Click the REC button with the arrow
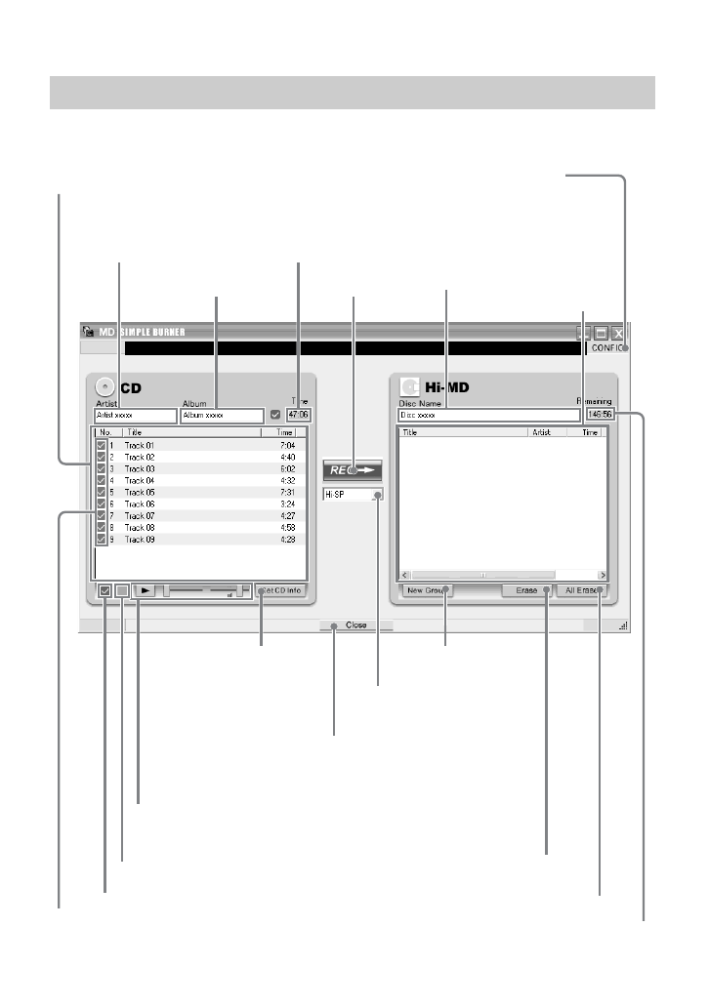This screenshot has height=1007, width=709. click(352, 469)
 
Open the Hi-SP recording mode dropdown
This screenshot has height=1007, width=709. click(353, 495)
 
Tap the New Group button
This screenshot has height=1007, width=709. click(427, 590)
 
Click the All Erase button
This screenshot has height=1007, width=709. click(584, 590)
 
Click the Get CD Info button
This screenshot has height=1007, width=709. click(281, 590)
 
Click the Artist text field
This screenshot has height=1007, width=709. click(136, 415)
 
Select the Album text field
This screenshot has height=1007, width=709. click(222, 415)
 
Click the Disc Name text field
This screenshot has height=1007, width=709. click(488, 415)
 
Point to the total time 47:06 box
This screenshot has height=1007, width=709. click(298, 415)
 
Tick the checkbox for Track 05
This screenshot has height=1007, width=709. click(102, 492)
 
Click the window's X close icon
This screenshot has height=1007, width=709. click(617, 332)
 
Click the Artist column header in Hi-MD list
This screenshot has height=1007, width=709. click(542, 431)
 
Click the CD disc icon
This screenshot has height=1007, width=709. click(104, 387)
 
